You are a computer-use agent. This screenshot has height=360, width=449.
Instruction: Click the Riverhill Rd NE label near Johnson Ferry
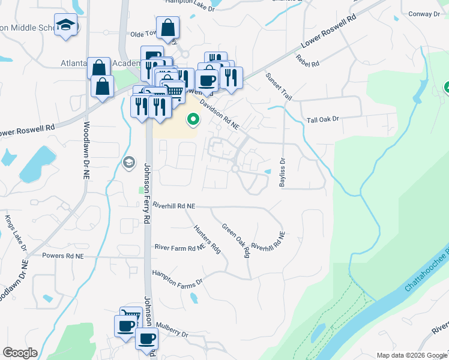coord(174,206)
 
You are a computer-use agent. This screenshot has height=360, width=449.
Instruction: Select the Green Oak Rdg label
coord(235,241)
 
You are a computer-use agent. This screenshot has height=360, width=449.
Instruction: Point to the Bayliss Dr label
coord(282,172)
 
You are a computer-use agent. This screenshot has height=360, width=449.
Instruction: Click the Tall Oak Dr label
coord(323,119)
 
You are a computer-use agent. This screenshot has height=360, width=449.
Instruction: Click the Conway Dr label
coord(423,13)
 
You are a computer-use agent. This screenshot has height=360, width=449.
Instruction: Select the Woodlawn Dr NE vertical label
coord(86,145)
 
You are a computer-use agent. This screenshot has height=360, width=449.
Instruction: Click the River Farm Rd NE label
coord(179,247)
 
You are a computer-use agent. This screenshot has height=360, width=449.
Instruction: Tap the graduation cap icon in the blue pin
coord(65,25)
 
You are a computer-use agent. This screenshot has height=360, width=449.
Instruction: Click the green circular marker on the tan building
coord(193,120)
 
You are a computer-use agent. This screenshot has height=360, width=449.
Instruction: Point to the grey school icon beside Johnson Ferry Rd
coord(128,163)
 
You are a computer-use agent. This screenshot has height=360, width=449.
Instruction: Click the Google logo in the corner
coord(20,353)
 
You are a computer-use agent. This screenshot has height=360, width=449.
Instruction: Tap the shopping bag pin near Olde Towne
coord(168,27)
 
